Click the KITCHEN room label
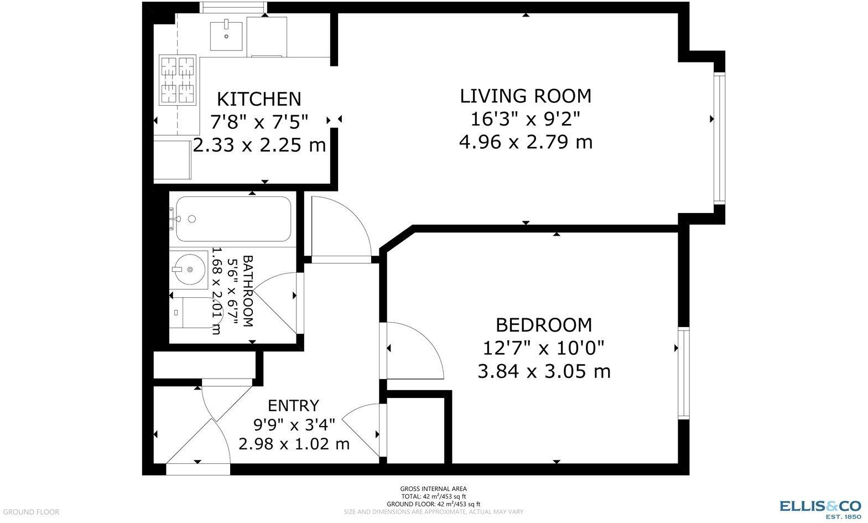pyautogui.click(x=259, y=99)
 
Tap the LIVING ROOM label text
pyautogui.click(x=526, y=96)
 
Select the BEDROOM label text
pyautogui.click(x=544, y=324)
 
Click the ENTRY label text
pyautogui.click(x=293, y=406)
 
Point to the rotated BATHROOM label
pyautogui.click(x=248, y=291)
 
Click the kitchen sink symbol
pyautogui.click(x=227, y=35)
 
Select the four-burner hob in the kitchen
pyautogui.click(x=178, y=80)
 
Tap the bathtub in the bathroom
pyautogui.click(x=232, y=219)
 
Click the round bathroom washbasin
pyautogui.click(x=188, y=270)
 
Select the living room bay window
pyautogui.click(x=718, y=138)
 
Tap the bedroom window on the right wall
pyautogui.click(x=684, y=372)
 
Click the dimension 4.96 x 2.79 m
pyautogui.click(x=526, y=142)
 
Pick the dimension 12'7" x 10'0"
pyautogui.click(x=544, y=348)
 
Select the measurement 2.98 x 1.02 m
pyautogui.click(x=294, y=444)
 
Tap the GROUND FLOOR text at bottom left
pyautogui.click(x=30, y=512)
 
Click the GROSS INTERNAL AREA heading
pyautogui.click(x=433, y=489)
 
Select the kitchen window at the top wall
pyautogui.click(x=233, y=7)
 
